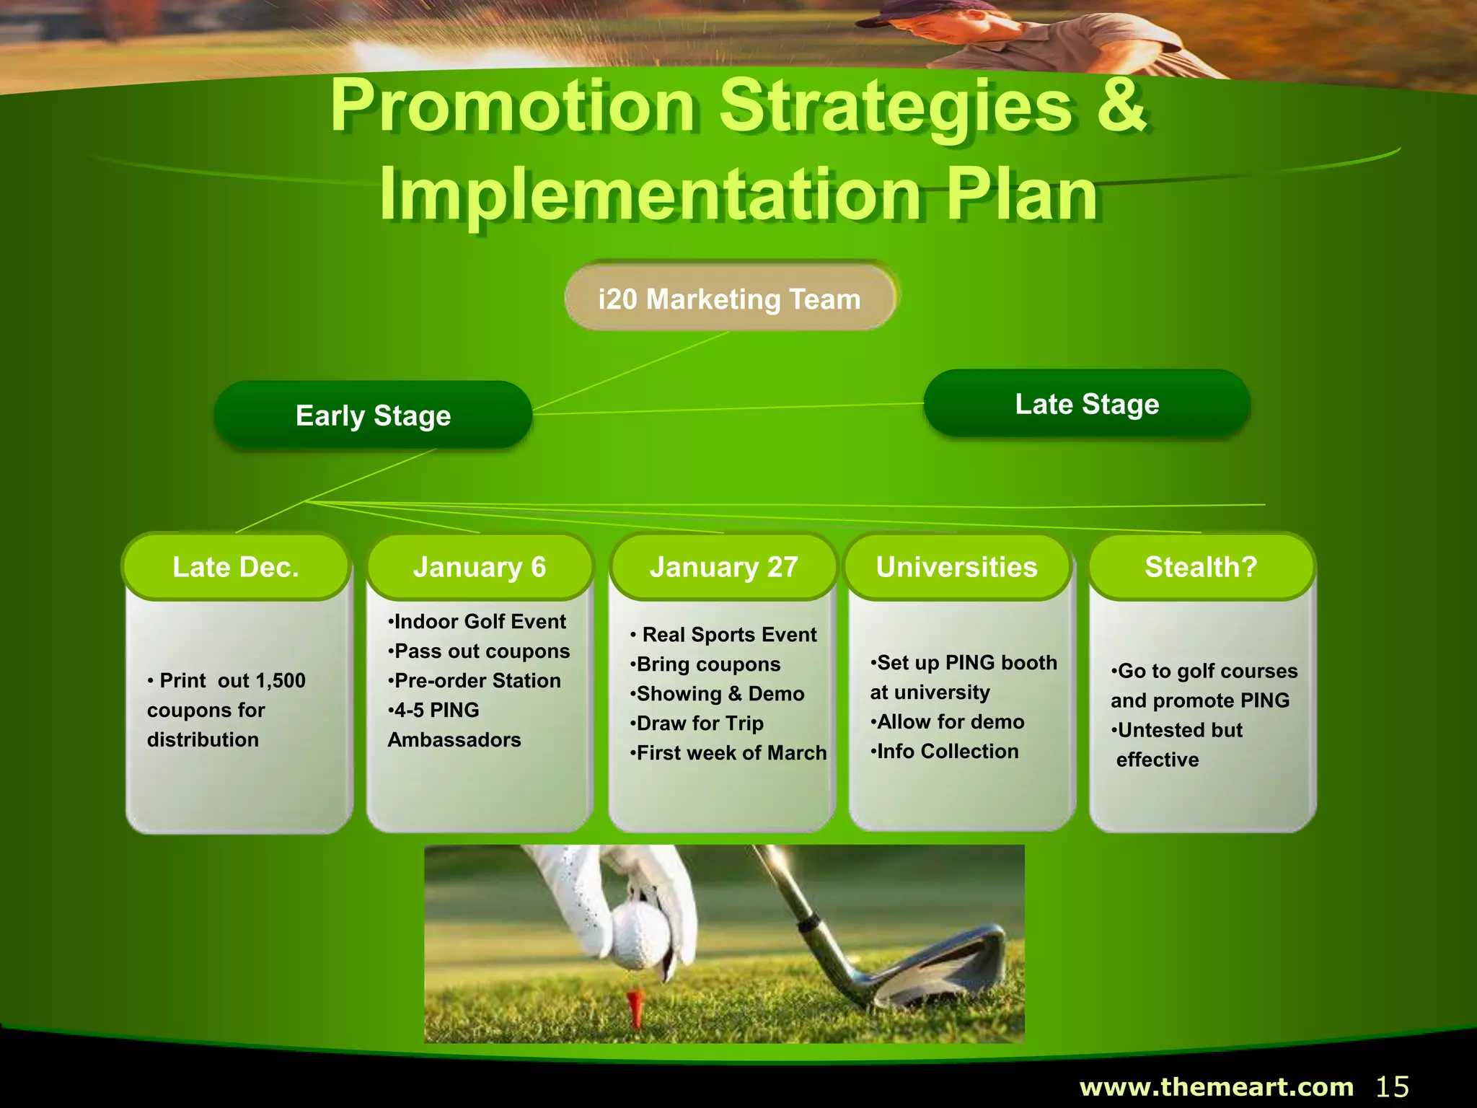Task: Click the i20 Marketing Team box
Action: click(x=730, y=299)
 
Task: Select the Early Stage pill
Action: click(x=373, y=415)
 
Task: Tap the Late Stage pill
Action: click(x=1087, y=404)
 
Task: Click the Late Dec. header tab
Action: click(x=236, y=567)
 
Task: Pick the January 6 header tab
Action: click(x=480, y=567)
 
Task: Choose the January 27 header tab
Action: click(x=723, y=567)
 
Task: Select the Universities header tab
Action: click(x=957, y=567)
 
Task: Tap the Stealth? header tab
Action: click(x=1202, y=567)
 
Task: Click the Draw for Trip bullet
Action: click(x=699, y=723)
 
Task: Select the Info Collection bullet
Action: click(x=946, y=751)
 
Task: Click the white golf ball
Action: click(x=640, y=937)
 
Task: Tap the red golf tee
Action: click(x=635, y=1007)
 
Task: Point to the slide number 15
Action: click(x=1393, y=1086)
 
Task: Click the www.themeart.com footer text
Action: click(x=1217, y=1086)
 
